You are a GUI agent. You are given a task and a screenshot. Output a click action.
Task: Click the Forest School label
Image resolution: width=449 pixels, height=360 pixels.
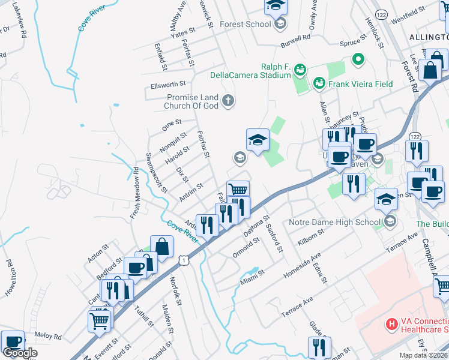click(246, 24)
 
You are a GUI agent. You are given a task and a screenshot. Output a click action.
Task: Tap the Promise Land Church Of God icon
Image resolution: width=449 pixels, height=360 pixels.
click(228, 100)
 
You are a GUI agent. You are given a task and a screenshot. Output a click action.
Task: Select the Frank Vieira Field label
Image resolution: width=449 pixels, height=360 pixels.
click(360, 84)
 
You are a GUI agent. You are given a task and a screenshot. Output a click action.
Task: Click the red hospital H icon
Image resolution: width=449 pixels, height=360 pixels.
click(391, 325)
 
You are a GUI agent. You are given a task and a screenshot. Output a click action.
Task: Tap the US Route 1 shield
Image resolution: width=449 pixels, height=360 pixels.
click(184, 259)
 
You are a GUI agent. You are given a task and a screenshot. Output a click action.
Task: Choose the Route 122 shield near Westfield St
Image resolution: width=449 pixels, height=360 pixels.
click(381, 13)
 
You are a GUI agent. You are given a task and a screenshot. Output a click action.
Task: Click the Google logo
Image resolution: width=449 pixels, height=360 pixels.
click(20, 353)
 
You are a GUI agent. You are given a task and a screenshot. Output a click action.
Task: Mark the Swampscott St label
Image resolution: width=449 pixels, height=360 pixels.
click(156, 172)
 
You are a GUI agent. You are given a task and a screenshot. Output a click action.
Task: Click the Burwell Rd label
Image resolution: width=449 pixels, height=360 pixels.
click(296, 37)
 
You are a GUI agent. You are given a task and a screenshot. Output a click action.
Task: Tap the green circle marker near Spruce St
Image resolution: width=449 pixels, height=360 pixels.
click(358, 59)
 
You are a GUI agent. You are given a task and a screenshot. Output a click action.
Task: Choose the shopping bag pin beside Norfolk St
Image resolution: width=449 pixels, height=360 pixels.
click(162, 246)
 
